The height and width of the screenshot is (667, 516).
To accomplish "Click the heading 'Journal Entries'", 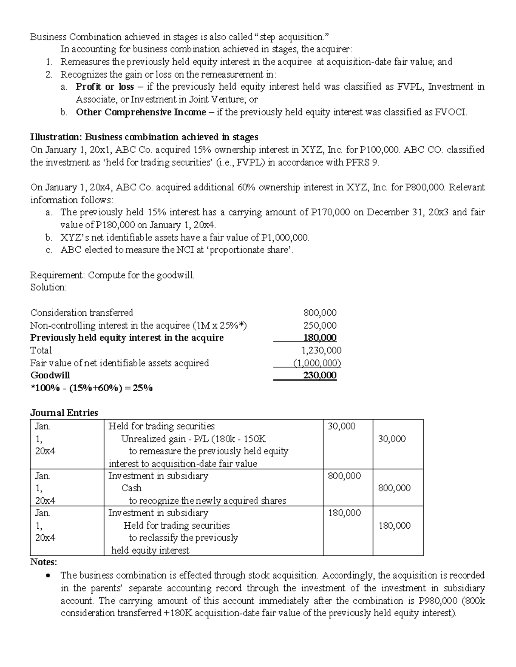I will (x=64, y=413).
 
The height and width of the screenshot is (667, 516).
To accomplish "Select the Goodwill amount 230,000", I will (x=320, y=375).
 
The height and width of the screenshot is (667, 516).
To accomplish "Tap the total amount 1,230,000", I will (x=322, y=350).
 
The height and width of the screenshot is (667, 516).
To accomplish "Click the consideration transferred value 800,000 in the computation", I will (x=320, y=313).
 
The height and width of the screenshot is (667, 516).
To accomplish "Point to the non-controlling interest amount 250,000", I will (x=320, y=326).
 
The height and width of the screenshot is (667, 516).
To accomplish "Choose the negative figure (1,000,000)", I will (x=317, y=363).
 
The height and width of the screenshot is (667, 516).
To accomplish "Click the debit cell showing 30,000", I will (x=341, y=426).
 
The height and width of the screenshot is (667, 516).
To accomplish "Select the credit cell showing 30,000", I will (x=392, y=439).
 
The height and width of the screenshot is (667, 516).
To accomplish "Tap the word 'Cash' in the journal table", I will (x=131, y=488).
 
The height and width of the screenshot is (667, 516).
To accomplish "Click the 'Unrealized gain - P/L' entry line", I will (x=193, y=439).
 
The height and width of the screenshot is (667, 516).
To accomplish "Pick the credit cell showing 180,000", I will (x=394, y=526).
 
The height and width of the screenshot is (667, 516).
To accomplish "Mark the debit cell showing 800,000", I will (x=344, y=476).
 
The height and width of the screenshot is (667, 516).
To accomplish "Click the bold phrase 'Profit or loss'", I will (x=104, y=87).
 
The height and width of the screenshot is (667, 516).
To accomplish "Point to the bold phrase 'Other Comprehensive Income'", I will (x=141, y=112).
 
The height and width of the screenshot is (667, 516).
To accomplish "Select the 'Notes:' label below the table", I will (x=43, y=562).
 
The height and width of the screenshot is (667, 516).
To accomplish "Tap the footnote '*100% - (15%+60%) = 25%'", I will (x=91, y=388).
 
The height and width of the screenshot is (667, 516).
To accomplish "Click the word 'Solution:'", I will (x=49, y=287).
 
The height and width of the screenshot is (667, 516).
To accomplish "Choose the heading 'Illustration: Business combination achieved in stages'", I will (x=144, y=137).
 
